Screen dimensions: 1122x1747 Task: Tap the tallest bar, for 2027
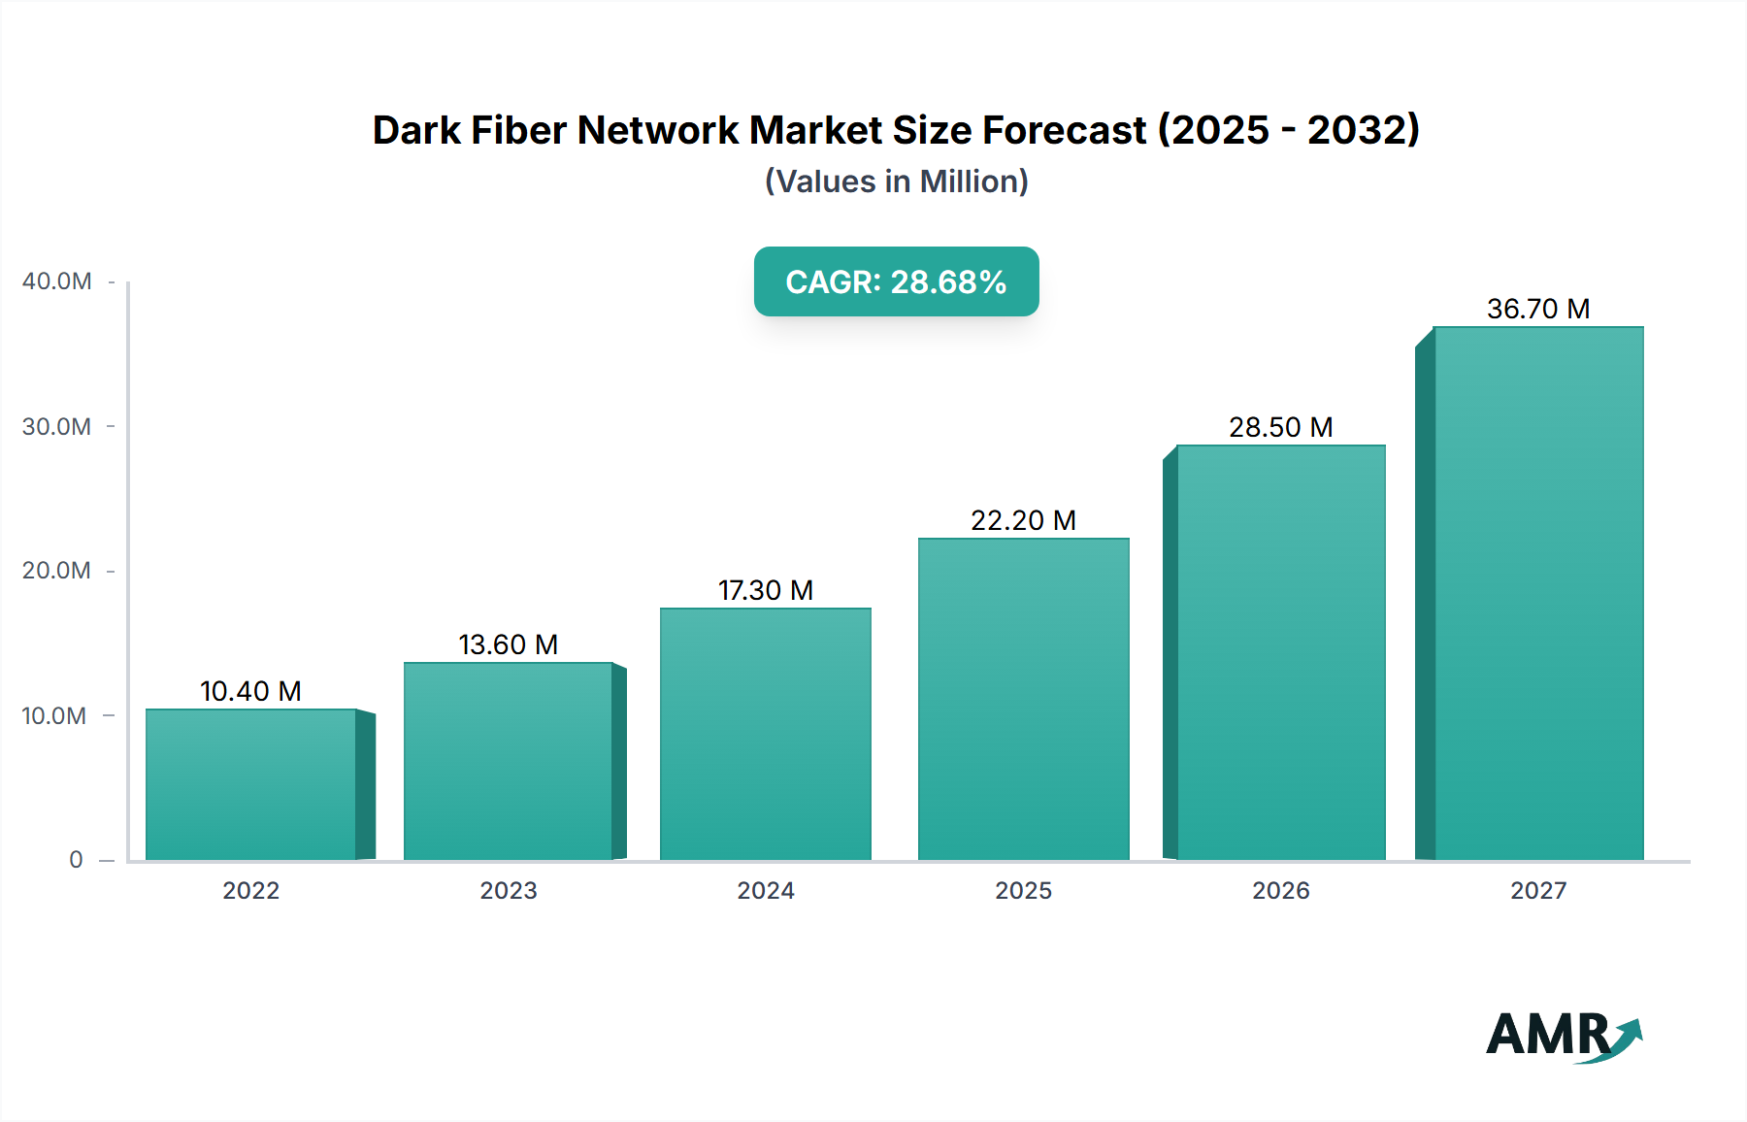(1538, 593)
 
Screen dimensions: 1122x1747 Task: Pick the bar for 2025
(1024, 699)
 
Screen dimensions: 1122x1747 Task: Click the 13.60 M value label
(508, 644)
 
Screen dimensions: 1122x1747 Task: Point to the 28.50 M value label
(1280, 427)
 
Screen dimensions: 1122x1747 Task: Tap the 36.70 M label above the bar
(1538, 309)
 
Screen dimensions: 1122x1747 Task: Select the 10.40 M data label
(250, 691)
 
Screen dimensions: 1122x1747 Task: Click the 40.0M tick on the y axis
(56, 281)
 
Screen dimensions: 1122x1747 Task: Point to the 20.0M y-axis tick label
(56, 571)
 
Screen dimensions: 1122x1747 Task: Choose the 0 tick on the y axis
(76, 860)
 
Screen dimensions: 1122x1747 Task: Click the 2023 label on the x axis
(508, 891)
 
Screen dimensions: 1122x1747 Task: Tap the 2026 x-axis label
(1280, 891)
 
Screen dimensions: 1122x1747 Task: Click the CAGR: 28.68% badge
(896, 281)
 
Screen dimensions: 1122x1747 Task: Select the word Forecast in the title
(1064, 130)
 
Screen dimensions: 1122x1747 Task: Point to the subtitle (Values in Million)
(896, 181)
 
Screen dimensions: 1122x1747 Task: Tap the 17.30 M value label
(766, 590)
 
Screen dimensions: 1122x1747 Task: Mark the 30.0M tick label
(56, 427)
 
